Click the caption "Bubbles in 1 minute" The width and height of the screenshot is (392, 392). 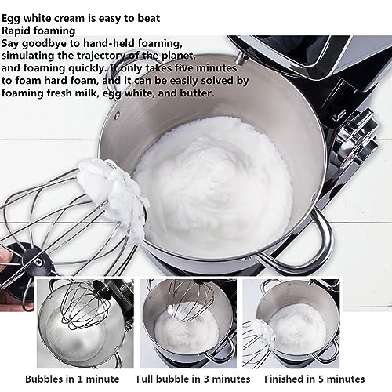[x=72, y=379]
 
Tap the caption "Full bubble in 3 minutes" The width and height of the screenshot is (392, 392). [x=194, y=379]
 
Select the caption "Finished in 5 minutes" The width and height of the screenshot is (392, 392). [x=314, y=379]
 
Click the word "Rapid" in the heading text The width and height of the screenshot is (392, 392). [x=16, y=31]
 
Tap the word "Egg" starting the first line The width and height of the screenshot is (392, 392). [x=11, y=19]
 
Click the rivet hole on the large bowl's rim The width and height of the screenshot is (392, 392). [x=118, y=114]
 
